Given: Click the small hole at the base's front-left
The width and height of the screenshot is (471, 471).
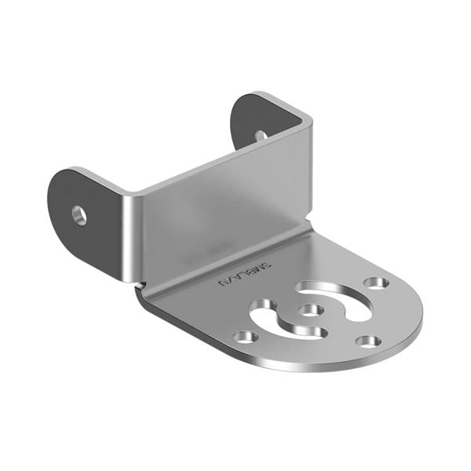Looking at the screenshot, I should (x=246, y=337).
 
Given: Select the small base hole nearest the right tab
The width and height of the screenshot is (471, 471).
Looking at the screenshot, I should (x=376, y=282).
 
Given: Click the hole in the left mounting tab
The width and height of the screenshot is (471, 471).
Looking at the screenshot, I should (x=79, y=214).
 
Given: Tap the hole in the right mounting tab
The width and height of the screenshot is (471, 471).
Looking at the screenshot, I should (x=261, y=135).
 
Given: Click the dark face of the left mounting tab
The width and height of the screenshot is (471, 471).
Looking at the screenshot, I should (x=86, y=228).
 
